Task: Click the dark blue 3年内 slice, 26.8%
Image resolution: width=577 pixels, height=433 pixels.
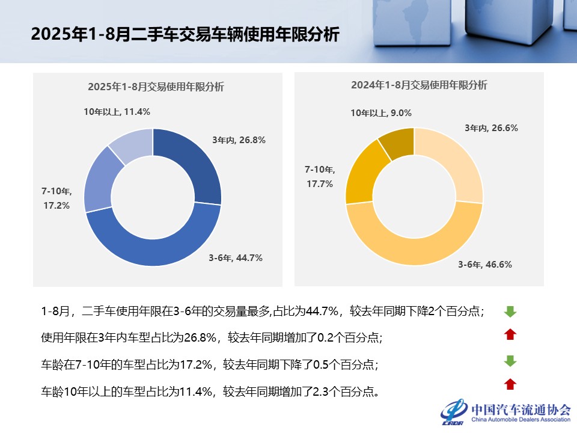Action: (191, 164)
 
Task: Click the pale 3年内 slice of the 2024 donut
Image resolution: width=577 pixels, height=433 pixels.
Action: (452, 162)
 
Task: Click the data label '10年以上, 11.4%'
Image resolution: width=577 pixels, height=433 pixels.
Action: (117, 112)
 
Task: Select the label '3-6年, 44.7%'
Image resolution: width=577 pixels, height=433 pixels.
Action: (236, 258)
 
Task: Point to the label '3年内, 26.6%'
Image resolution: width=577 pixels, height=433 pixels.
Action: (491, 127)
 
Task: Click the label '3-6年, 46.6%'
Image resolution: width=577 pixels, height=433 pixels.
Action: (485, 264)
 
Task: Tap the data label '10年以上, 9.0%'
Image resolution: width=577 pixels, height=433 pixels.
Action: (381, 112)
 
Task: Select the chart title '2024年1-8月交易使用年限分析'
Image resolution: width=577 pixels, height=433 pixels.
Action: (419, 85)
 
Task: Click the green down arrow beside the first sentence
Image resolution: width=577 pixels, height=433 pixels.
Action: (510, 311)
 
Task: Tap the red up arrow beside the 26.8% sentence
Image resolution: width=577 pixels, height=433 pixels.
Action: (510, 334)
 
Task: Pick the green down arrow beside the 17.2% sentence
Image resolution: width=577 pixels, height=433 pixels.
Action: (510, 361)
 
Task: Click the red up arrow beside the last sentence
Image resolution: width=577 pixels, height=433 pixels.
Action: (510, 384)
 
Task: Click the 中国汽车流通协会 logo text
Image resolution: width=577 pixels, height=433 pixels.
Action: (521, 410)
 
